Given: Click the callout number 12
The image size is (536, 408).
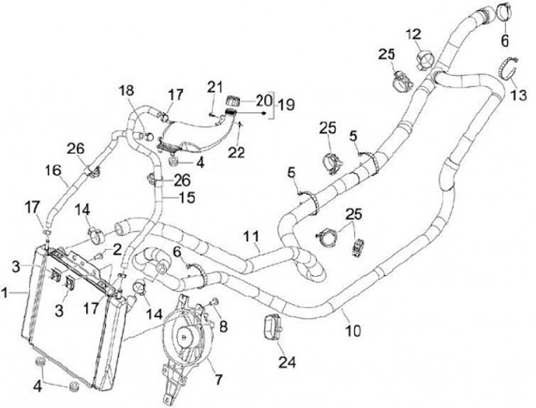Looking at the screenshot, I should [x=413, y=33].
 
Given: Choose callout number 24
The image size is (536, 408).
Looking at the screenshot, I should [x=287, y=363].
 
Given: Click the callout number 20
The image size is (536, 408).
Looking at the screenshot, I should [x=264, y=99].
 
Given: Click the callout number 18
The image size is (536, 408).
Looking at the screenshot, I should [x=124, y=90].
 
